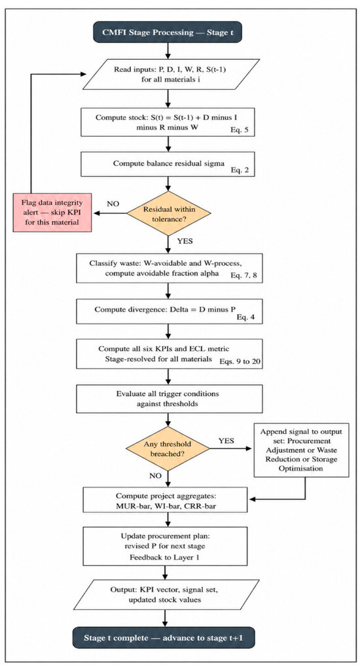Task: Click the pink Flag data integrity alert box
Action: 52,212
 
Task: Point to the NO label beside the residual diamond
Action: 113,204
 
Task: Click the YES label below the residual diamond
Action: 184,241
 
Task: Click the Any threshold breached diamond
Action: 167,448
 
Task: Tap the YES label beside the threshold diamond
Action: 226,441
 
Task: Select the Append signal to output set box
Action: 301,450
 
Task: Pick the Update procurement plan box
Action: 166,546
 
